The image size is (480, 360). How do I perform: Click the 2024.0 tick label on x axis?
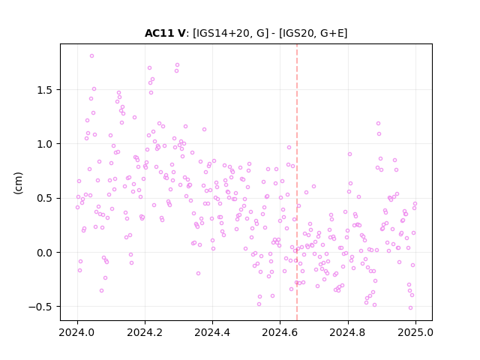click(77, 332)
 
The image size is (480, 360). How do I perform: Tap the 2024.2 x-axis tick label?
click(145, 332)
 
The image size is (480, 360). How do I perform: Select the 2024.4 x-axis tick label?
click(212, 332)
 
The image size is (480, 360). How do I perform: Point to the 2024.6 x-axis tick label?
click(280, 332)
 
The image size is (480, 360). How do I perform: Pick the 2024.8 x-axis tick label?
click(348, 332)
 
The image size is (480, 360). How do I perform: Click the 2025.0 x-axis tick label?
click(415, 332)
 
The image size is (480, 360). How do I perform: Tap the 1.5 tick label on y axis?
click(45, 90)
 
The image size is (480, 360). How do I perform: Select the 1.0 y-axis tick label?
click(45, 144)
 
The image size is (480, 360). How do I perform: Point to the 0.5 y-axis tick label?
click(45, 198)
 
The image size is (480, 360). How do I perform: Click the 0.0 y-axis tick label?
click(45, 253)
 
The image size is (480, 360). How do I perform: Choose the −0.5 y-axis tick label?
click(40, 307)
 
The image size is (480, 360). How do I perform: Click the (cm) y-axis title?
click(18, 183)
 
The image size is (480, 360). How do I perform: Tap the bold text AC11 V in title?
click(165, 33)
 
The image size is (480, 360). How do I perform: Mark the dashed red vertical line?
click(297, 182)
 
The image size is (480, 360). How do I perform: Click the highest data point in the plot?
click(91, 56)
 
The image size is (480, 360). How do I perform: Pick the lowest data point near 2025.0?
click(410, 308)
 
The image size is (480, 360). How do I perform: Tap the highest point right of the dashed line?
click(378, 123)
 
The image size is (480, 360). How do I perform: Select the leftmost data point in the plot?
click(77, 208)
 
